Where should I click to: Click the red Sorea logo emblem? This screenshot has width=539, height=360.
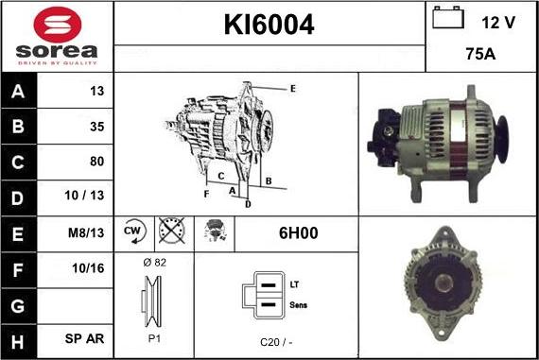click(x=58, y=26)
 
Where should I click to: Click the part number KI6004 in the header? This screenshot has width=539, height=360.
click(x=269, y=25)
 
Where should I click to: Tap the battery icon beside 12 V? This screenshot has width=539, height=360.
click(x=448, y=17)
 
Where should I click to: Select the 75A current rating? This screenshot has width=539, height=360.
click(x=480, y=54)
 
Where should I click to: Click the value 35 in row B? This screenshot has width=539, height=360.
click(x=97, y=127)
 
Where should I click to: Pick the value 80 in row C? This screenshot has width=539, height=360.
click(x=97, y=162)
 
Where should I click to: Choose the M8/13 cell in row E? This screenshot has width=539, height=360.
click(x=86, y=232)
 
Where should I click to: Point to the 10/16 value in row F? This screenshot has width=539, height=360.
click(x=88, y=268)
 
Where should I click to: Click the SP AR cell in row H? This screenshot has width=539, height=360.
click(x=84, y=338)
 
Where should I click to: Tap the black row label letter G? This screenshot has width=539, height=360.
click(x=18, y=306)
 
